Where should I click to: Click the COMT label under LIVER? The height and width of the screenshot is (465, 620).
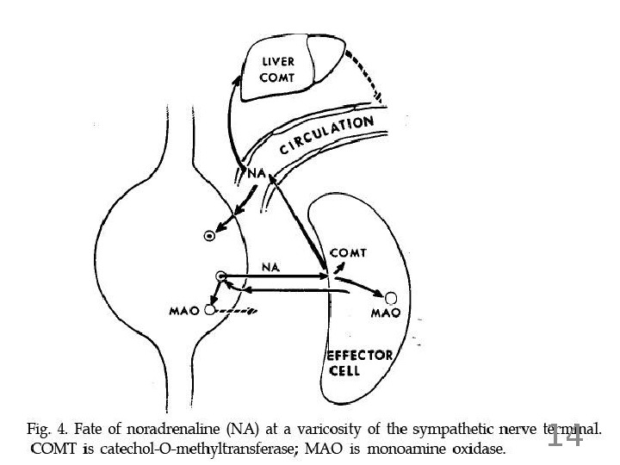click(x=277, y=77)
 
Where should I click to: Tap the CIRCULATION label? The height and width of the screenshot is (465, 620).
click(x=325, y=136)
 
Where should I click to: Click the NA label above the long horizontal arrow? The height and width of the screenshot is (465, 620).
click(x=270, y=267)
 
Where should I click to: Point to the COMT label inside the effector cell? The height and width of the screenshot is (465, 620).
click(x=349, y=253)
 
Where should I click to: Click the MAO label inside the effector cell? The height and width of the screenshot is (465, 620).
click(x=383, y=313)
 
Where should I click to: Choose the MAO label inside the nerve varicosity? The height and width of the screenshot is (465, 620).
click(x=185, y=310)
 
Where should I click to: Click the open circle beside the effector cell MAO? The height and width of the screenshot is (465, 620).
click(x=391, y=298)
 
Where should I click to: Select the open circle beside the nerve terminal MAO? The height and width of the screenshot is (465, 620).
click(x=209, y=310)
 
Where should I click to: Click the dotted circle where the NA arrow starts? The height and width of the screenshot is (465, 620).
click(x=221, y=276)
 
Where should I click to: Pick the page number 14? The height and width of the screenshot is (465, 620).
click(x=566, y=437)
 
